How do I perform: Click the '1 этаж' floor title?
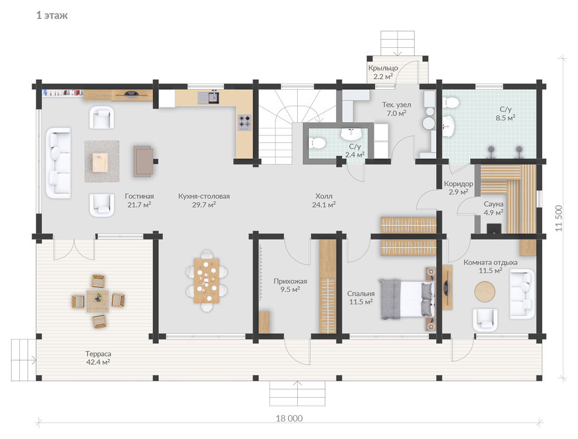pyautogui.click(x=52, y=16)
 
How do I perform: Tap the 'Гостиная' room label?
pyautogui.click(x=140, y=197)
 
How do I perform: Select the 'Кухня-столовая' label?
pyautogui.click(x=204, y=197)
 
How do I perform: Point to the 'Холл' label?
pyautogui.click(x=323, y=197)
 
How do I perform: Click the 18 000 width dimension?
pyautogui.click(x=290, y=419)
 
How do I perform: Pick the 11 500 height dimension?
pyautogui.click(x=559, y=218)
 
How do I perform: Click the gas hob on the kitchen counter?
pyautogui.click(x=245, y=123)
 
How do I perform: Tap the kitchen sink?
pyautogui.click(x=208, y=97)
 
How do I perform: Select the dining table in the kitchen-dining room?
pyautogui.click(x=207, y=280)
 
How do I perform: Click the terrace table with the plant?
pyautogui.click(x=98, y=301)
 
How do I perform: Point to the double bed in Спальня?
pyautogui.click(x=407, y=298)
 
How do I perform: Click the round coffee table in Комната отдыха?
pyautogui.click(x=485, y=292)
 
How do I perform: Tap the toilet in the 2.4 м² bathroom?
pyautogui.click(x=317, y=142)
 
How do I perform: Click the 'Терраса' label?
pyautogui.click(x=98, y=354)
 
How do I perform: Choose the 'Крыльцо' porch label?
pyautogui.click(x=383, y=68)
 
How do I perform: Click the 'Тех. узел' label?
pyautogui.click(x=396, y=104)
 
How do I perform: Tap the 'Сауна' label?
pyautogui.click(x=493, y=204)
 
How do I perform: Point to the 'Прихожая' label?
pyautogui.click(x=290, y=281)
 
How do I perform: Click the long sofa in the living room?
pyautogui.click(x=58, y=163)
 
